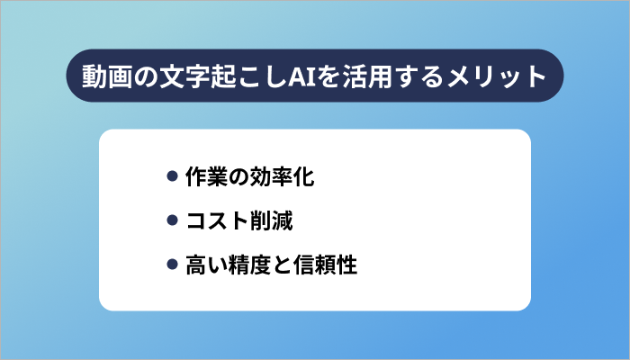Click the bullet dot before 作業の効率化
pos(173,176)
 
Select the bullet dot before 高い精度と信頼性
pos(173,265)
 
